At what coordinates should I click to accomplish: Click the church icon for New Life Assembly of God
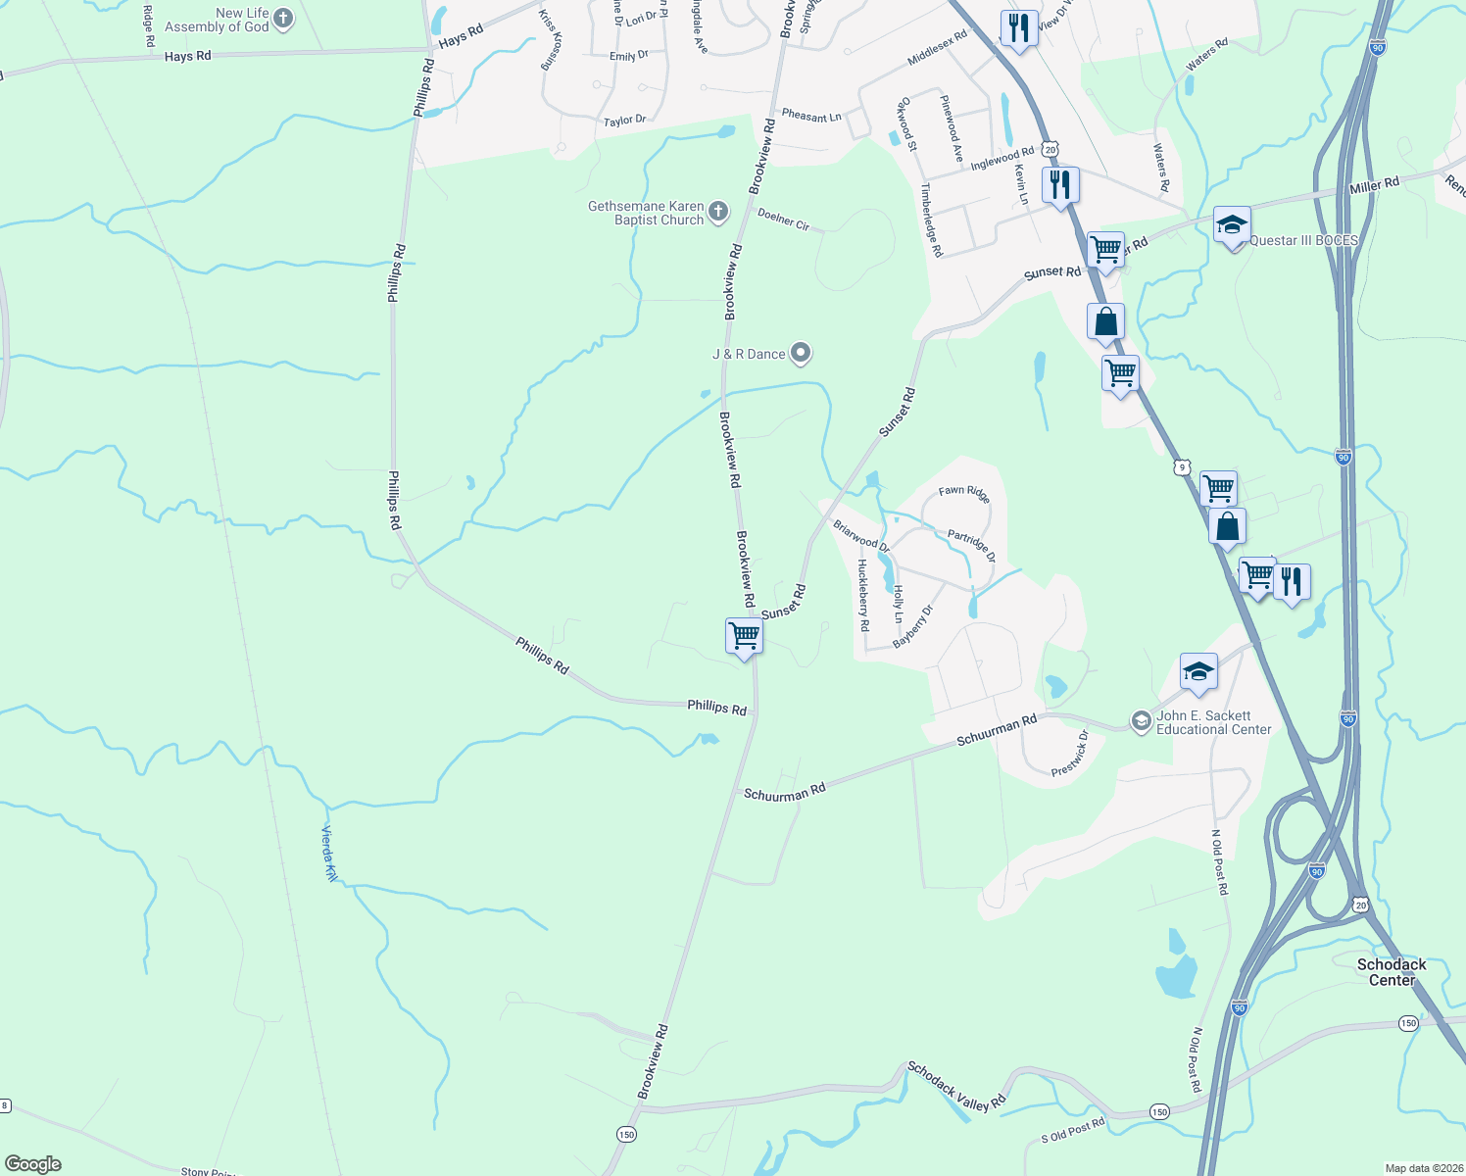(283, 19)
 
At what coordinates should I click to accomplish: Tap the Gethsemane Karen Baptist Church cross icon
(718, 212)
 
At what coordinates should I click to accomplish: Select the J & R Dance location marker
(801, 353)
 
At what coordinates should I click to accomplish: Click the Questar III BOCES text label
(1303, 240)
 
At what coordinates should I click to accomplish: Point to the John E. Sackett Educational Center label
(1213, 722)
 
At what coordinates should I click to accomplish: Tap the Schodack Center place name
(1392, 972)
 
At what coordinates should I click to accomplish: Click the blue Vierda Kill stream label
(329, 854)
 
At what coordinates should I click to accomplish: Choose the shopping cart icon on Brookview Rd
(744, 635)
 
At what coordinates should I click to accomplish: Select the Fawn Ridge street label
(964, 494)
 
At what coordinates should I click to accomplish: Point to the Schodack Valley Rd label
(955, 1086)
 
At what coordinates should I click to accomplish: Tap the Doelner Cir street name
(783, 219)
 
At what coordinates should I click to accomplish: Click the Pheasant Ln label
(811, 117)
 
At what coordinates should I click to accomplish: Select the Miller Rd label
(1374, 185)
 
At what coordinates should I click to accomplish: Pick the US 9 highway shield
(1184, 466)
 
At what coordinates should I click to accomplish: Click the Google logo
(33, 1164)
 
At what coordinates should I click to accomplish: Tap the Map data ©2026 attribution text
(1423, 1168)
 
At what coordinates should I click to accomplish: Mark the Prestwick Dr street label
(1070, 755)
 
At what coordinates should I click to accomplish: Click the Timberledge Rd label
(930, 220)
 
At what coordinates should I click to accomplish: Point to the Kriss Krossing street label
(551, 40)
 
